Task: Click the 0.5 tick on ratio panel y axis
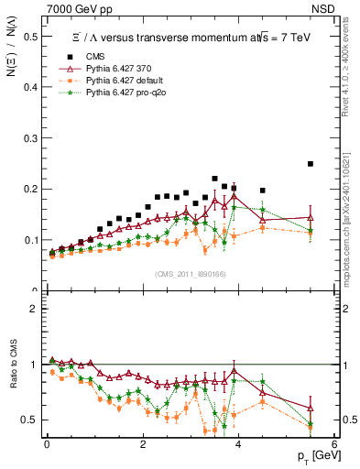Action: click(x=31, y=420)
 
